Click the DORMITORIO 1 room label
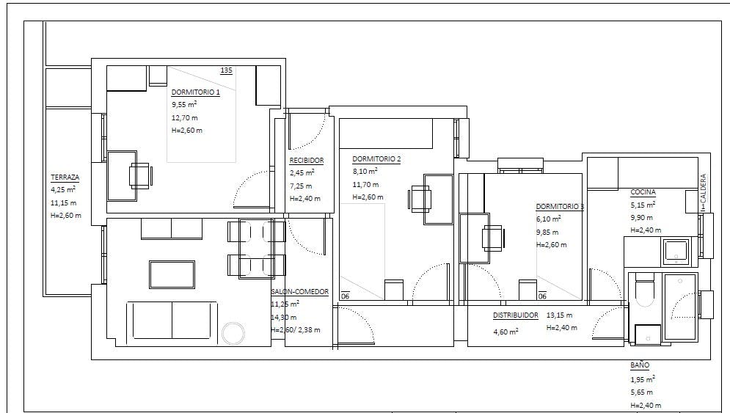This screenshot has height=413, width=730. click(196, 92)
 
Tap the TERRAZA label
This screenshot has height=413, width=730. click(65, 178)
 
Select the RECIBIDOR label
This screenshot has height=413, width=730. click(307, 161)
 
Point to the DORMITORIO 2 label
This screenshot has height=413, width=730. click(376, 159)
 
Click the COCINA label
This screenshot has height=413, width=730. click(643, 192)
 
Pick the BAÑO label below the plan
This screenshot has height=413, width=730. click(640, 365)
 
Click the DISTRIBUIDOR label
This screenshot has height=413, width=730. click(515, 315)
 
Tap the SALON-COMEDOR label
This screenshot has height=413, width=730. click(300, 292)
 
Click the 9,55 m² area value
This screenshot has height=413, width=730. click(184, 105)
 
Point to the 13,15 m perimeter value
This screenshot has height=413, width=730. click(559, 315)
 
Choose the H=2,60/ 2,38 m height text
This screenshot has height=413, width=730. click(296, 330)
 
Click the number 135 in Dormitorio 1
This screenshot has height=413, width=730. click(226, 70)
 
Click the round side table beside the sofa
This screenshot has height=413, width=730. click(233, 333)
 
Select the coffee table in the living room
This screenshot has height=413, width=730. click(172, 274)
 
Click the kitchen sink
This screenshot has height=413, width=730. click(676, 252)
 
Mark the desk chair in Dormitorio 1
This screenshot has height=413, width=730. click(140, 176)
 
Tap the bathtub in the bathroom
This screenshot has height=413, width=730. click(680, 307)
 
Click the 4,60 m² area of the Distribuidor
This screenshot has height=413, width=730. click(505, 332)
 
